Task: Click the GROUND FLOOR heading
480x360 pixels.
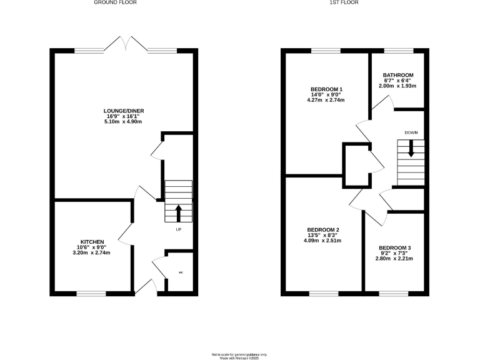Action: [x=115, y=2]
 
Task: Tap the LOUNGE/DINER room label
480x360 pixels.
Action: [x=124, y=111]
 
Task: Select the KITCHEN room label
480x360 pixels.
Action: [x=92, y=242]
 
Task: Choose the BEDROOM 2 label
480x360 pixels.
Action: [x=324, y=229]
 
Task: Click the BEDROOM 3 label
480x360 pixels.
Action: [x=394, y=247]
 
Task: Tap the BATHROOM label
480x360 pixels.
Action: [x=397, y=74]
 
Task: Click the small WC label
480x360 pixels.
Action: [x=181, y=272]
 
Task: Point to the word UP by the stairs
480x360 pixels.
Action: [x=178, y=229]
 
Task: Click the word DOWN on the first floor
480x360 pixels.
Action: [x=411, y=132]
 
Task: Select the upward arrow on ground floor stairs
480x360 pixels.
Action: [x=178, y=213]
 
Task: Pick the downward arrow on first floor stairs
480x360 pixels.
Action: [x=411, y=150]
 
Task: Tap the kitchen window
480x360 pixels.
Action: [x=91, y=293]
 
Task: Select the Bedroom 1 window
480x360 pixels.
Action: [x=326, y=50]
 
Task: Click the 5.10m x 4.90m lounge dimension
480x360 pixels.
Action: [x=124, y=121]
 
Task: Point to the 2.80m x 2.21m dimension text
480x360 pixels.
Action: [x=394, y=258]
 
